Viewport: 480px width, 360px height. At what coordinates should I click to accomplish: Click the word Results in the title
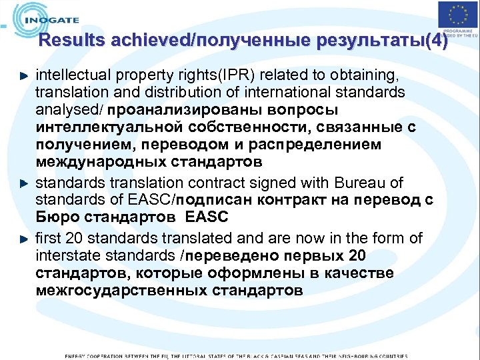(x=71, y=41)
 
